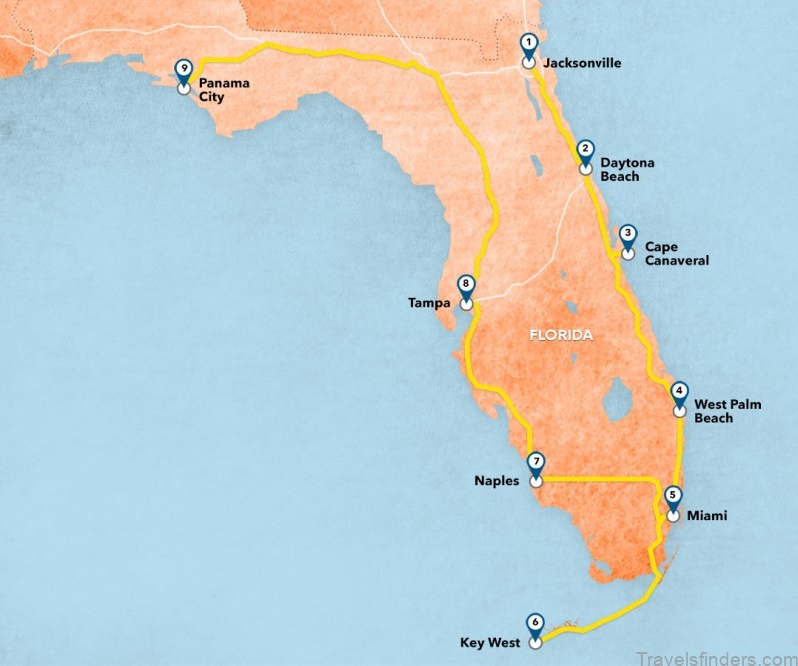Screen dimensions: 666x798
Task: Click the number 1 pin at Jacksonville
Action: coord(529,45)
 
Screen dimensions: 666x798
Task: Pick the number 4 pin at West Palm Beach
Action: coord(679,393)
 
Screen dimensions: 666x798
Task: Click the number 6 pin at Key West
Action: coord(535,623)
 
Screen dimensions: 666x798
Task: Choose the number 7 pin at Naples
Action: coord(537,464)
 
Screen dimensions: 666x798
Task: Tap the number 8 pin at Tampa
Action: coord(466,285)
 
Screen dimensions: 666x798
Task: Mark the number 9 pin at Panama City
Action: coord(183,70)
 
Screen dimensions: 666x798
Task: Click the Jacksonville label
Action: coord(582,63)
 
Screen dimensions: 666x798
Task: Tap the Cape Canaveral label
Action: coord(676,253)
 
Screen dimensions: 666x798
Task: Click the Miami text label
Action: coord(707,516)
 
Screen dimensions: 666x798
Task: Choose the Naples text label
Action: coord(497,481)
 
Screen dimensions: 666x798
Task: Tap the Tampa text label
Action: coord(429,302)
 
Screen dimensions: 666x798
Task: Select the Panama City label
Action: coord(223,90)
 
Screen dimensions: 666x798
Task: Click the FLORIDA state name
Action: coord(560,335)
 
